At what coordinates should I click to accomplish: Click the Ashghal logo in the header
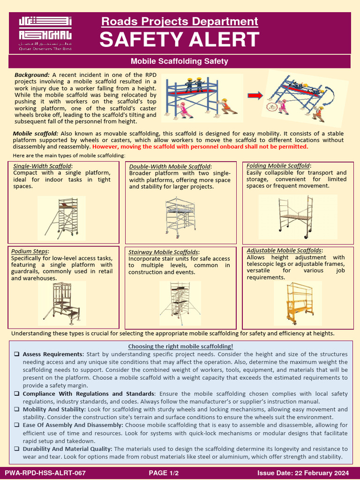[45, 33]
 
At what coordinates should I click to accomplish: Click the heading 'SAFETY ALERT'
[179, 40]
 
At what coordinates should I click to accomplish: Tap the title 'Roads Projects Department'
[180, 22]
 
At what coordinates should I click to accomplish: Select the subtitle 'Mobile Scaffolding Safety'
[180, 61]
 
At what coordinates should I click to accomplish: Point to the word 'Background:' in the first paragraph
[32, 75]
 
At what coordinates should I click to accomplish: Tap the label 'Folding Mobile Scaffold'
[278, 166]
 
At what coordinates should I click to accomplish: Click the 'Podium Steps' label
[30, 251]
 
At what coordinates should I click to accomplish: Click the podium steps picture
[62, 302]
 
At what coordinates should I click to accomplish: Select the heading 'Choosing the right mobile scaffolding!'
[180, 346]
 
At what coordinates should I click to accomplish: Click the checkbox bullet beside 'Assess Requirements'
[16, 354]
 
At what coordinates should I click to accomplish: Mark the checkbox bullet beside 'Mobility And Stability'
[16, 410]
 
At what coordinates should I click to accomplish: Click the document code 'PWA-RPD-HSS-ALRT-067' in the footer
[45, 473]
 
